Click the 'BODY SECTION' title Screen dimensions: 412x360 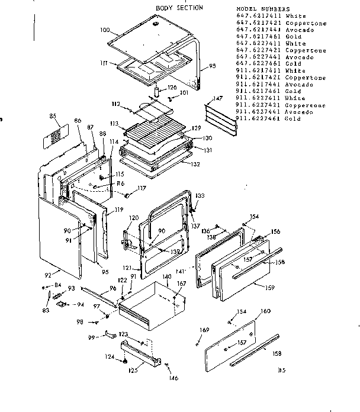point(179,8)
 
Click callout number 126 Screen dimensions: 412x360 point(172,88)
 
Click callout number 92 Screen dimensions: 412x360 point(49,274)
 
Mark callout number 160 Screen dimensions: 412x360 point(265,311)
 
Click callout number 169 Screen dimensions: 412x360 point(204,330)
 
